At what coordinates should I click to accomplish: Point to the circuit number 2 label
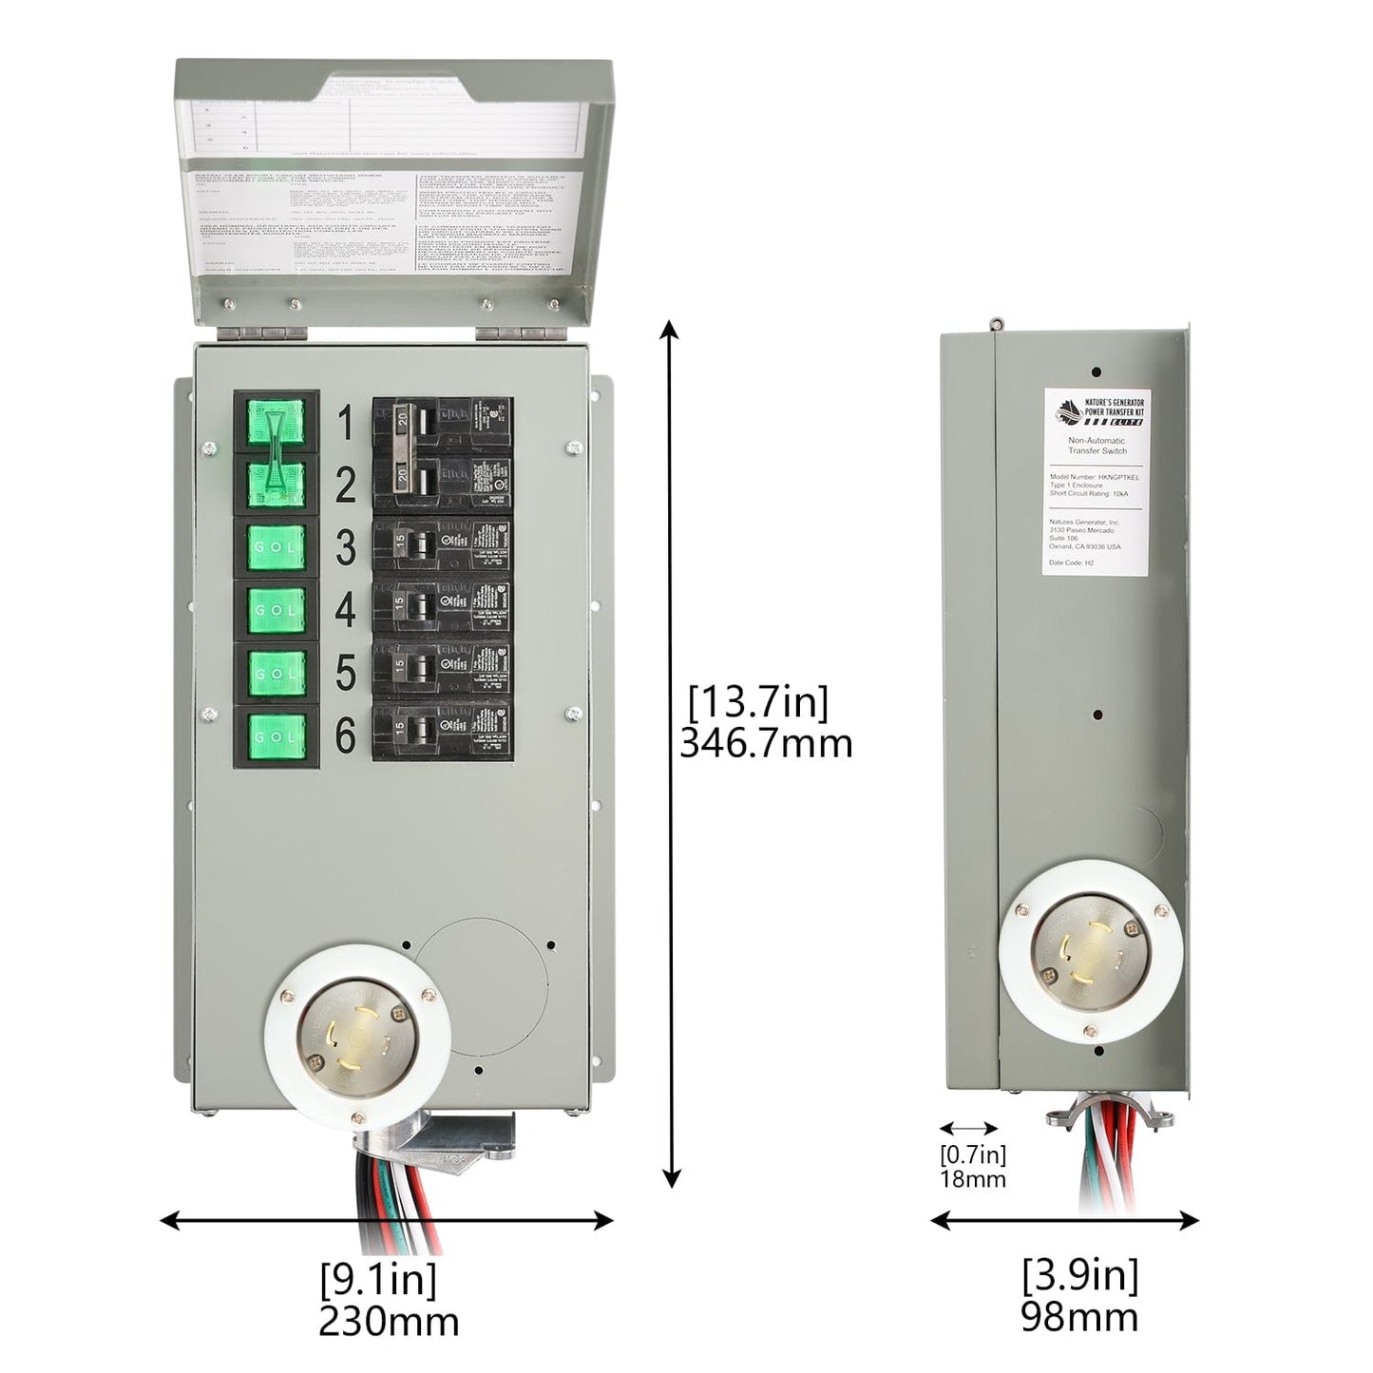[345, 486]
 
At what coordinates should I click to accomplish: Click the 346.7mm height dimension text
[766, 743]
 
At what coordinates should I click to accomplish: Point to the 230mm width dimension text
[388, 1321]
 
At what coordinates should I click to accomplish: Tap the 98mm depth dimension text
[1079, 1317]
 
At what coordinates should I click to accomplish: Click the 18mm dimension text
[972, 1179]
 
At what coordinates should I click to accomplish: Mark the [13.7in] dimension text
[758, 703]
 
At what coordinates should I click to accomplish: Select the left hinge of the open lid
[265, 334]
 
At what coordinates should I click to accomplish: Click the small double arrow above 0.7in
[968, 1129]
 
